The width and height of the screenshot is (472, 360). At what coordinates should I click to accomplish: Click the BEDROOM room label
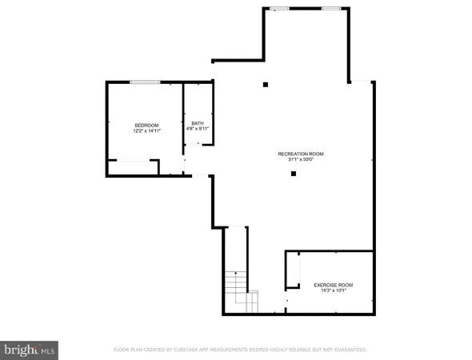[147, 125]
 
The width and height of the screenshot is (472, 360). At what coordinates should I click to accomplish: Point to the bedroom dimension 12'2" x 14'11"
[147, 131]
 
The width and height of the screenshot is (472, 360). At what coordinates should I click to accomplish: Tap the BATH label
[197, 122]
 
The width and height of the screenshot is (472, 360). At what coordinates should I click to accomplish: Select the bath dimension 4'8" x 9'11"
[197, 129]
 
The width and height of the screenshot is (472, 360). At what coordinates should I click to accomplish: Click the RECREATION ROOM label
[301, 154]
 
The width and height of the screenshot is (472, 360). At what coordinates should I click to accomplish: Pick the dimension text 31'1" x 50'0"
[301, 160]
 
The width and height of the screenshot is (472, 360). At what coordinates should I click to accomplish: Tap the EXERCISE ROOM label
[333, 285]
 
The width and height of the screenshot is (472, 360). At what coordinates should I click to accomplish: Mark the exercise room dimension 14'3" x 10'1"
[333, 291]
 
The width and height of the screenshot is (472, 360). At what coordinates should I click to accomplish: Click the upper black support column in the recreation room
[266, 85]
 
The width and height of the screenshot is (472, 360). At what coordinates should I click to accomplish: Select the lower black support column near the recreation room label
[294, 173]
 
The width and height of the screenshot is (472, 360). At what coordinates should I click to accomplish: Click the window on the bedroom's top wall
[145, 82]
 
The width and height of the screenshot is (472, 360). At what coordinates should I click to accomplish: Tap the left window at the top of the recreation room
[279, 9]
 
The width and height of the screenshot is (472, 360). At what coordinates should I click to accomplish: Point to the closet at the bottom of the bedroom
[133, 167]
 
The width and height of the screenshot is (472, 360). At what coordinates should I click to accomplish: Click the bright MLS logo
[30, 350]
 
